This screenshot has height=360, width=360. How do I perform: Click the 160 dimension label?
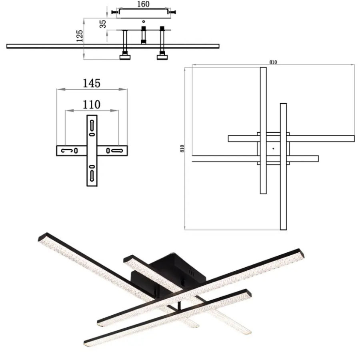point(143,4)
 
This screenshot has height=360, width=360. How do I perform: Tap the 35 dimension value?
point(103,24)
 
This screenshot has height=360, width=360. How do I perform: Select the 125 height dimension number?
point(80,36)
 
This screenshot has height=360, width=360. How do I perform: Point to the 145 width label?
point(92,83)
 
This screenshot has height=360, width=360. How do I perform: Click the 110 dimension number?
point(92,105)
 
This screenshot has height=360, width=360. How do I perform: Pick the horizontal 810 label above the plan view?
point(273,62)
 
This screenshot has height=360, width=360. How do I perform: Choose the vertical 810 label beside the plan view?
point(182,148)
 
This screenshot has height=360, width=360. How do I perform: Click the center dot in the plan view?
point(273,149)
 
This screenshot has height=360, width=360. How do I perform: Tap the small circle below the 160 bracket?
point(144,22)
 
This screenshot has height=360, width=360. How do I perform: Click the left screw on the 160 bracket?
point(114,12)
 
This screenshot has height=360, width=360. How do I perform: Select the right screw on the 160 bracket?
point(172,12)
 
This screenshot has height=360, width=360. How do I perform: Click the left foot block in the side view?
point(125,57)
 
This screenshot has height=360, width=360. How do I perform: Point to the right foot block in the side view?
point(162,57)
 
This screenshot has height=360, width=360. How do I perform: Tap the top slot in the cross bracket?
point(92,125)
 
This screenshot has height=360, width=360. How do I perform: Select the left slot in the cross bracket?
point(67,151)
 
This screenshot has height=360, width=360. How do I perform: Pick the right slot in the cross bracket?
point(117,151)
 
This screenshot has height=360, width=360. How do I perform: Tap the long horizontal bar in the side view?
point(113,46)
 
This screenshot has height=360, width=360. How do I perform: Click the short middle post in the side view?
point(144,35)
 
